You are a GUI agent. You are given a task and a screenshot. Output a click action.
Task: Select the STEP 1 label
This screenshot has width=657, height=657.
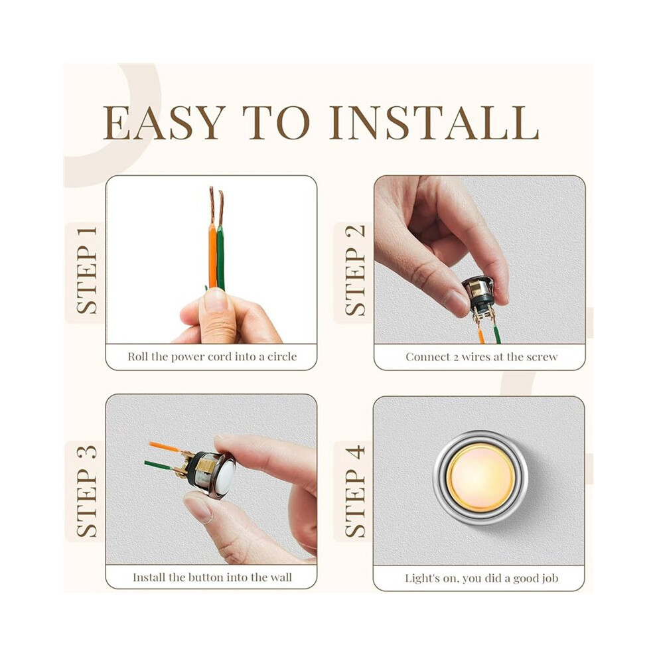click(x=87, y=270)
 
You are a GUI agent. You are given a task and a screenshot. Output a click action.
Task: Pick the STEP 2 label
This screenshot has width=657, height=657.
click(x=355, y=270)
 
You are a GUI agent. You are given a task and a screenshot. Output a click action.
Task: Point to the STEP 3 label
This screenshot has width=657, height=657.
click(x=87, y=491)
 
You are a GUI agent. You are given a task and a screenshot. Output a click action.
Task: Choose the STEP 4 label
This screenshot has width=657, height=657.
click(x=355, y=492)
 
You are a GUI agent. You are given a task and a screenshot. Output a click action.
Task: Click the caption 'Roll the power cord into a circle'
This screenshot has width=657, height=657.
click(x=212, y=356)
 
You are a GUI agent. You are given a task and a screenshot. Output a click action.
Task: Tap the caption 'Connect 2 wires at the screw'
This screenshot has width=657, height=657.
click(x=481, y=356)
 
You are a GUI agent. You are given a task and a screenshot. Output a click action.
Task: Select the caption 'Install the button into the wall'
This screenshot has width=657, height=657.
click(x=212, y=577)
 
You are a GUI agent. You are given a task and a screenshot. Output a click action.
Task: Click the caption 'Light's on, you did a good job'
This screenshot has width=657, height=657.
click(x=481, y=578)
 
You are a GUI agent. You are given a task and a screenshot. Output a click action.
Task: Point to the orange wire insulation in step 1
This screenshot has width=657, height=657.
click(x=212, y=256)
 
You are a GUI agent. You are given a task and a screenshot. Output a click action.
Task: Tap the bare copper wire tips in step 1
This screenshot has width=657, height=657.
click(x=216, y=206)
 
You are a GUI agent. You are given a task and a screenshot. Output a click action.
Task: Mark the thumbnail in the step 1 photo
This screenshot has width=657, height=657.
click(x=215, y=300)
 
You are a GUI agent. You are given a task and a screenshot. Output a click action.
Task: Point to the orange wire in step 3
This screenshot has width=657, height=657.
click(x=165, y=447)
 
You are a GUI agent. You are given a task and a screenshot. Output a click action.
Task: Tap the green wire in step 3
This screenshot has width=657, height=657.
click(x=159, y=465)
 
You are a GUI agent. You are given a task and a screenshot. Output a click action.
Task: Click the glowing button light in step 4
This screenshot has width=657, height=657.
click(x=480, y=478)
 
